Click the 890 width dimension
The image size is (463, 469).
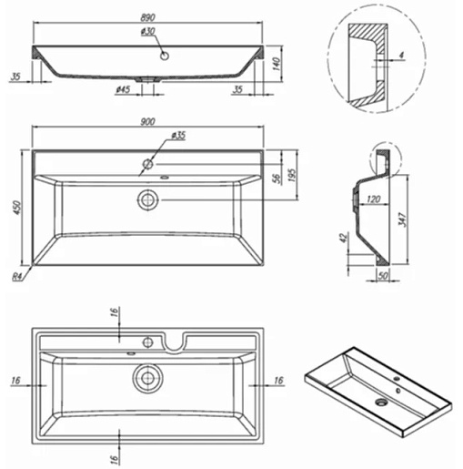pos(147,17)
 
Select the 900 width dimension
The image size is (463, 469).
pos(147,121)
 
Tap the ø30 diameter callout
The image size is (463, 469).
pos(148,32)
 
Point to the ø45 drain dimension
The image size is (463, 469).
pos(123,89)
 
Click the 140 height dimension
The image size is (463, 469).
pos(277,64)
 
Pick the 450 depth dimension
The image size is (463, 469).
pos(17,208)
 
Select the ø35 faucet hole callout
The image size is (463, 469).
pos(178,136)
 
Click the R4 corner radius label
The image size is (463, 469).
pos(17,277)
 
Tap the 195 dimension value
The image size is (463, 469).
pos(292,175)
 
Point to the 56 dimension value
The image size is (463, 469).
pos(277,178)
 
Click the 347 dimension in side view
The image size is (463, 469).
pos(402,219)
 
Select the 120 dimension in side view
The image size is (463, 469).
pos(374,199)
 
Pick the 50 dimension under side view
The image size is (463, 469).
pos(383,276)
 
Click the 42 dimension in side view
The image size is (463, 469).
pos(344,238)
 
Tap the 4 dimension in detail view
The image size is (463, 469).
pos(401,55)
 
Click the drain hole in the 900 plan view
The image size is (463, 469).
pos(148,200)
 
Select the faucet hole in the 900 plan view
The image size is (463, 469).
pos(148,164)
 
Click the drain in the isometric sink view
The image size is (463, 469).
pos(381,403)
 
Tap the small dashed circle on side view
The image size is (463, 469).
pos(386,159)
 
